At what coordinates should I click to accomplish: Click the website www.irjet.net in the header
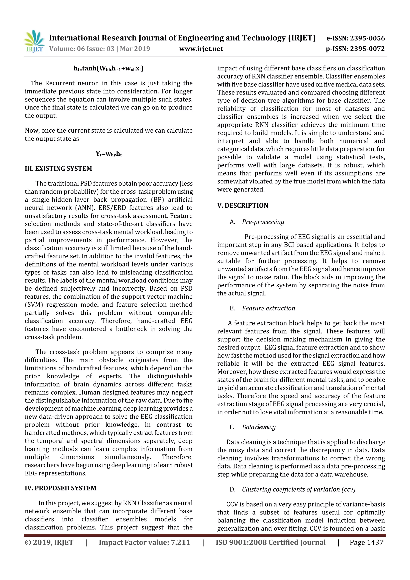[201, 48]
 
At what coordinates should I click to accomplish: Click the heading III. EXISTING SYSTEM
[58, 168]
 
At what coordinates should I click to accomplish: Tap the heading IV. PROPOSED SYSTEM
[61, 488]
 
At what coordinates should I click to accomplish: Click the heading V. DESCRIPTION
[243, 205]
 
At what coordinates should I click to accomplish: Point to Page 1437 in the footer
[366, 542]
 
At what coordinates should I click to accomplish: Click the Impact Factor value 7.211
[144, 542]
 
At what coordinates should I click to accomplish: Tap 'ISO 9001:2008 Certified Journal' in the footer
[270, 542]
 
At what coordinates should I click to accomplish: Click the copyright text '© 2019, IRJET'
[49, 542]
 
